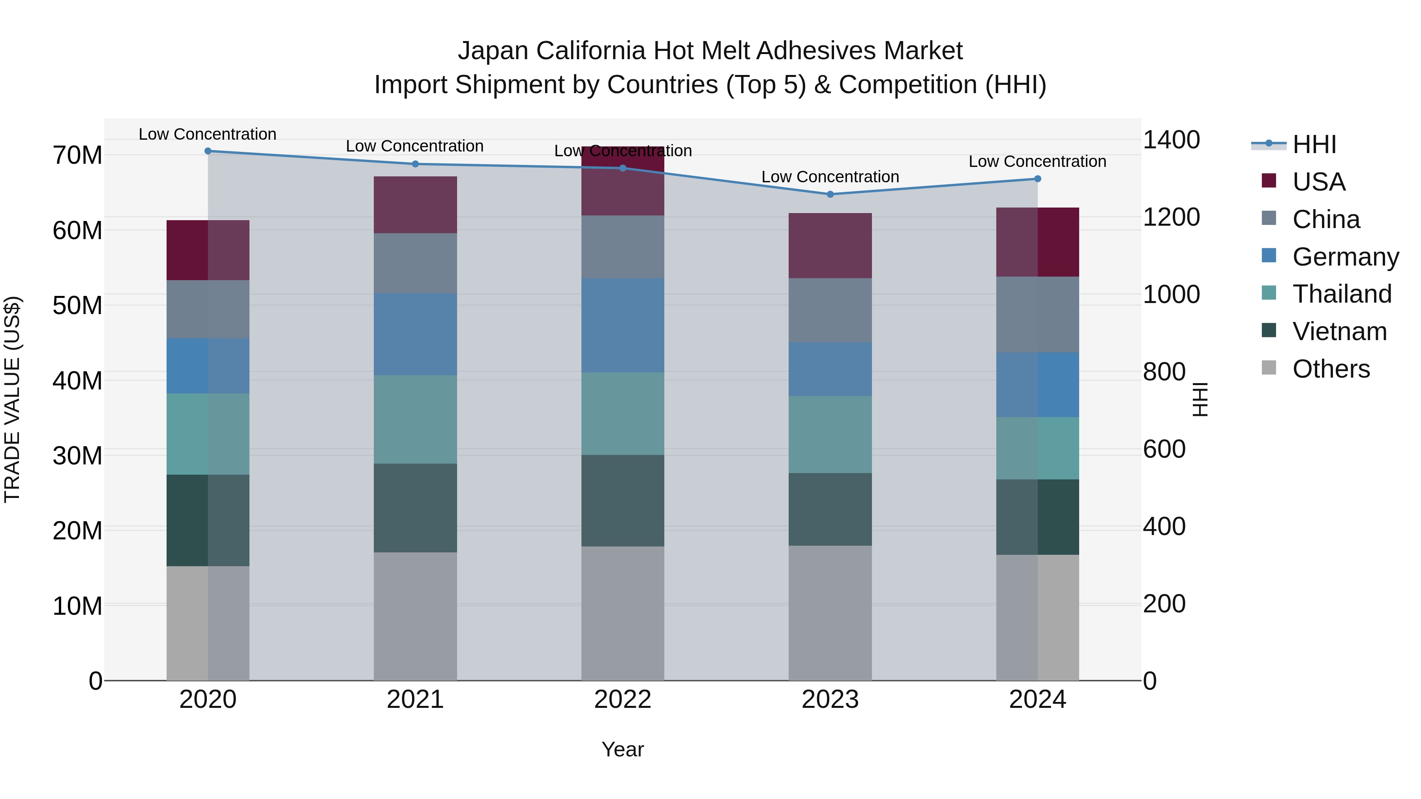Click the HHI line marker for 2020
click(208, 151)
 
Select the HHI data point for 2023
click(830, 194)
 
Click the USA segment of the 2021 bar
click(415, 204)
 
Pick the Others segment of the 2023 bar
click(830, 613)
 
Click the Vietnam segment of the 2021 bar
click(415, 507)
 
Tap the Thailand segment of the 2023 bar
click(830, 434)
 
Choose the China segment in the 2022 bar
click(623, 247)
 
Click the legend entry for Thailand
click(1342, 294)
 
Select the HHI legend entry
click(1314, 144)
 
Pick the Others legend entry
click(1331, 369)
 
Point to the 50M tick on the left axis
click(77, 305)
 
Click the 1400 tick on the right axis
click(1171, 140)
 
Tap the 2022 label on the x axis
click(623, 700)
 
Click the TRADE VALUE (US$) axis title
click(12, 399)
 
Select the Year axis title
click(623, 749)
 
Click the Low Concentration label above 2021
click(415, 146)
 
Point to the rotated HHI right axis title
click(1200, 399)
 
